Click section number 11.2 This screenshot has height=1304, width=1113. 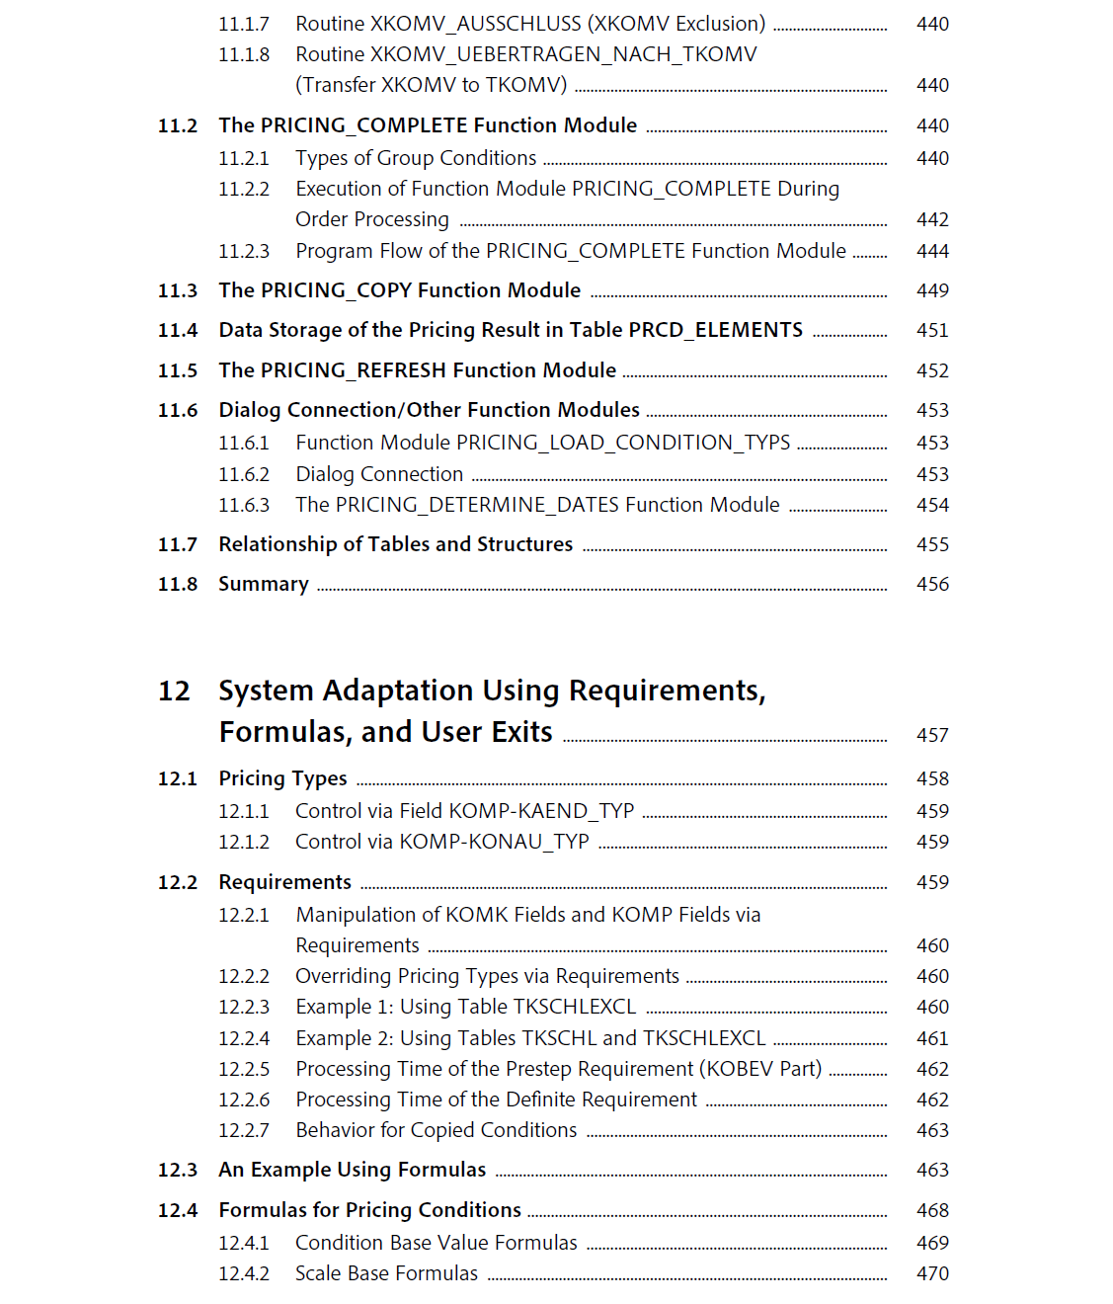point(178,126)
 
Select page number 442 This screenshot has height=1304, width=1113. point(932,219)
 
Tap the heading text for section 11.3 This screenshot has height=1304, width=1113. point(399,290)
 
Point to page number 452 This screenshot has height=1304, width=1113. point(932,370)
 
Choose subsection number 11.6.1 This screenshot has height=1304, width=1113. point(244,443)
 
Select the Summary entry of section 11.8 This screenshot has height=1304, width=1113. point(264,584)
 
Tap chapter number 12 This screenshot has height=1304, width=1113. point(174,691)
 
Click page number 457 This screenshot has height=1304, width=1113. point(932,735)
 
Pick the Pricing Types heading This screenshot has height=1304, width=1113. point(282,778)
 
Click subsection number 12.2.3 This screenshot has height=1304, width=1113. point(244,1007)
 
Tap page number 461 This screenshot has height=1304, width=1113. point(932,1038)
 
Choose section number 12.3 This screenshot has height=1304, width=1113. point(178,1170)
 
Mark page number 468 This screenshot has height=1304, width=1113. point(932,1210)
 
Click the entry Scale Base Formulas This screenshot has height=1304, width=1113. point(386,1273)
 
